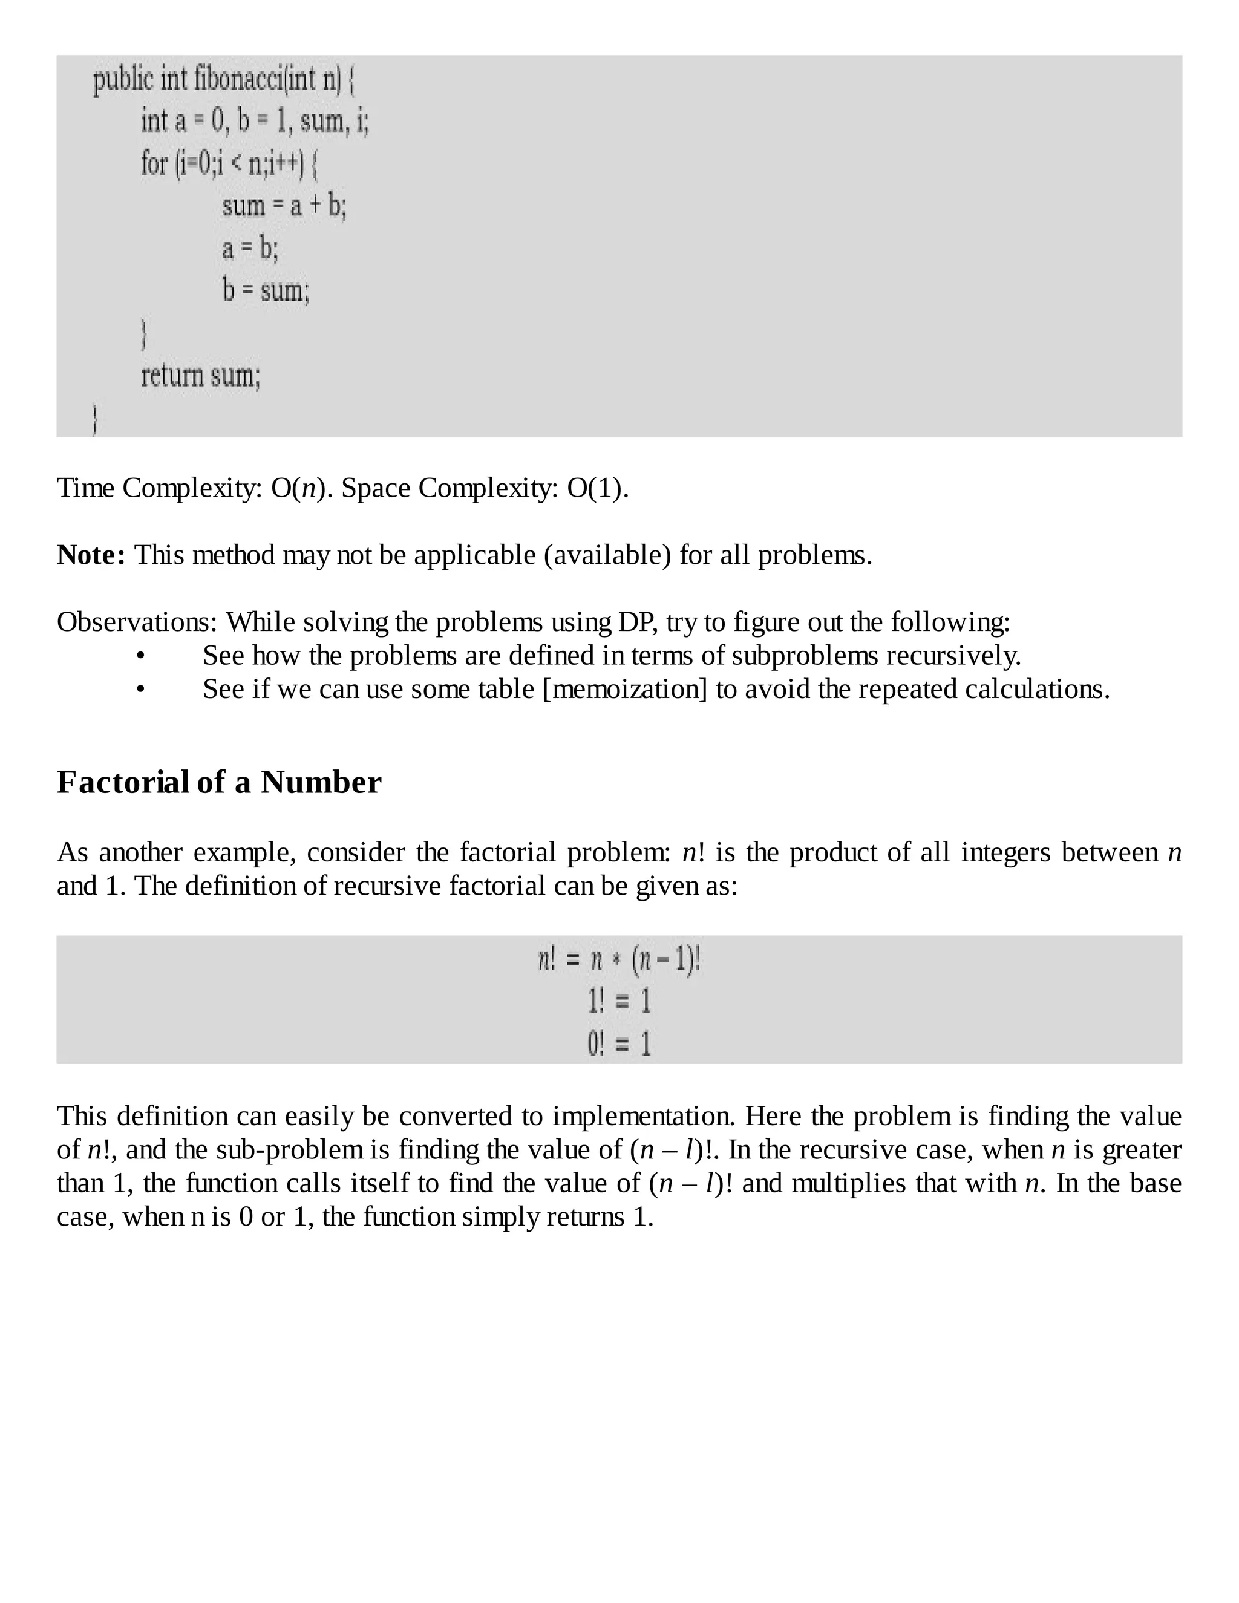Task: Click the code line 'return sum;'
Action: coord(200,376)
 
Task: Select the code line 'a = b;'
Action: coord(250,249)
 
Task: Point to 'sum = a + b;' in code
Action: coord(283,206)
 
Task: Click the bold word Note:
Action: coord(91,555)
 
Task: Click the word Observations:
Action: coord(137,622)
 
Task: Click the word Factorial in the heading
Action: coord(123,782)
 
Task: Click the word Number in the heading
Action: coord(321,782)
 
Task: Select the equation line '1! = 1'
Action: coord(619,1002)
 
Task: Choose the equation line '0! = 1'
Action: coord(619,1043)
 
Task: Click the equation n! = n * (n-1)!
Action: coord(619,960)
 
